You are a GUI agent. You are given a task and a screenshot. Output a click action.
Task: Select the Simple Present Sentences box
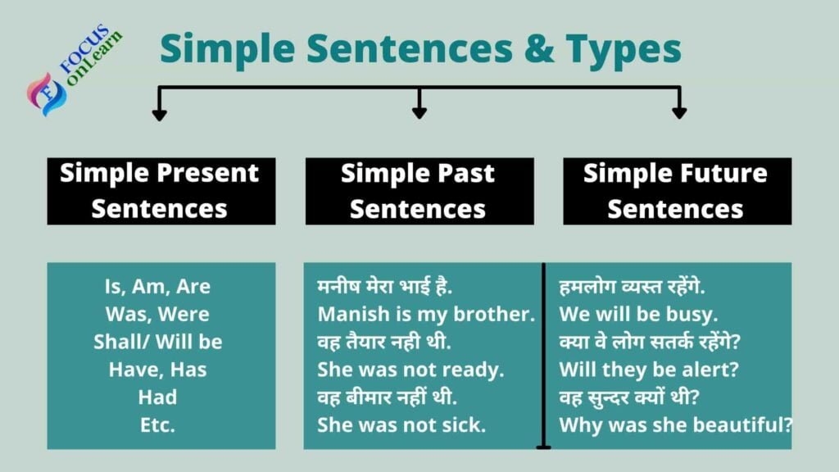(161, 191)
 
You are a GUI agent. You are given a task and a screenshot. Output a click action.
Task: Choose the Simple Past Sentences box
(419, 191)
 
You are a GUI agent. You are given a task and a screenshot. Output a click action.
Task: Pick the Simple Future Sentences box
(677, 191)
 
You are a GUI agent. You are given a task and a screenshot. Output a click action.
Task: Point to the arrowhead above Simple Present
(160, 113)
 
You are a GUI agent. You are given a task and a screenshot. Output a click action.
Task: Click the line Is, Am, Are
(158, 287)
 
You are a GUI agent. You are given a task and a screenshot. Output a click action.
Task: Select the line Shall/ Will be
(158, 342)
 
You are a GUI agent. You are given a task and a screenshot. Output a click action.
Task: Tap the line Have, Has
(158, 370)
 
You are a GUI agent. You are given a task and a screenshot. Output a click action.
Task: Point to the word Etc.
(158, 425)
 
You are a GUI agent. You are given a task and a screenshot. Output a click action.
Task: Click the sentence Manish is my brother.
(426, 314)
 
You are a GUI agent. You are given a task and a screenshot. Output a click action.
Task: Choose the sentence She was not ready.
(410, 370)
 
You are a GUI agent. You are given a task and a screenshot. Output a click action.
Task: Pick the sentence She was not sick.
(401, 425)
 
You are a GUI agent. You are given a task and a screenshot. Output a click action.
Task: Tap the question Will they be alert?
(649, 370)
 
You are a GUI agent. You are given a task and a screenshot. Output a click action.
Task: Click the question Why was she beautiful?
(676, 425)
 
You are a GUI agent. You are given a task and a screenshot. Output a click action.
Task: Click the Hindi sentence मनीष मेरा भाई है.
(385, 287)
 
